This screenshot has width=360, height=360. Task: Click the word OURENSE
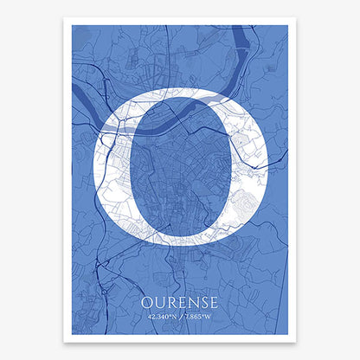[x=180, y=302]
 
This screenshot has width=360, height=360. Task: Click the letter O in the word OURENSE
[x=146, y=302]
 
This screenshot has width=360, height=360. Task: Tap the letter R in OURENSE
[x=170, y=302]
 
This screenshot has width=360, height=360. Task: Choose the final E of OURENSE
[x=212, y=302]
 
